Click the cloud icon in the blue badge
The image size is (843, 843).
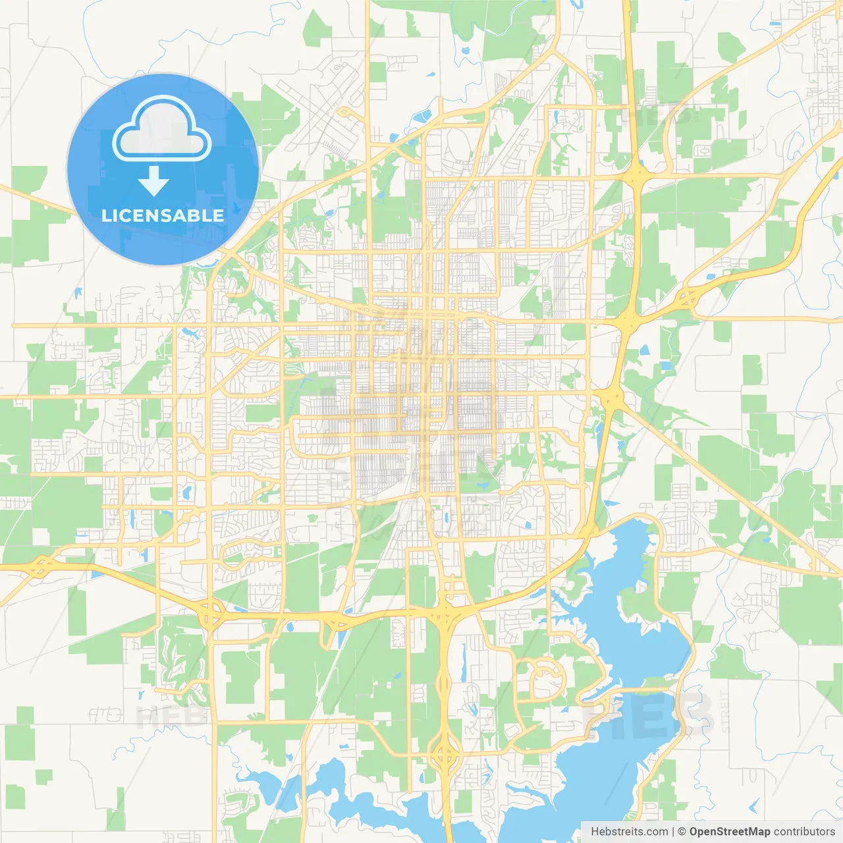162,129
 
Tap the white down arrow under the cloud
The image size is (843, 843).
153,181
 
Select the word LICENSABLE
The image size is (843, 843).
163,215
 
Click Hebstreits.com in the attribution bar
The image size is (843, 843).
629,832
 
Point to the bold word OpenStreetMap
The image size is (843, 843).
729,832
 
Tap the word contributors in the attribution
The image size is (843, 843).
804,832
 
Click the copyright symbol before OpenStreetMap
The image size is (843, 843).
682,832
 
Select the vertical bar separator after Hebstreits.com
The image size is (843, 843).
672,832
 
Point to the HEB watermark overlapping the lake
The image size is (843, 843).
649,715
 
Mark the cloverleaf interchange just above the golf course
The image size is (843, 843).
210,616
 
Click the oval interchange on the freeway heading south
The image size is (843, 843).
445,751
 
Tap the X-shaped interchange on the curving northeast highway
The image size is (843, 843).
687,298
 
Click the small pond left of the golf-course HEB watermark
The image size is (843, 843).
140,694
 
